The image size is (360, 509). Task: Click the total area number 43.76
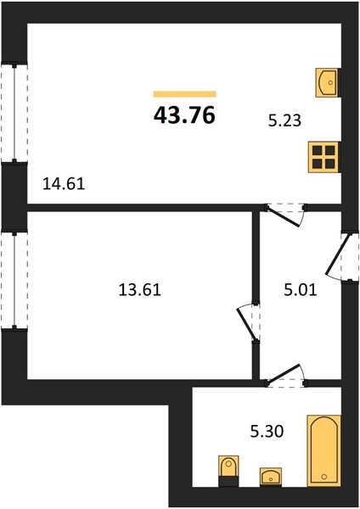click(x=184, y=115)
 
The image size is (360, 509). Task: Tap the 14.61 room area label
click(x=64, y=184)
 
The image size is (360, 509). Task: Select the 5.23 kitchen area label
click(x=284, y=120)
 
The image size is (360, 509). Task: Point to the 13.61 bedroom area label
click(x=140, y=289)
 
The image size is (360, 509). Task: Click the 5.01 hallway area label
click(x=301, y=289)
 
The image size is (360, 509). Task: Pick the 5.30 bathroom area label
click(x=267, y=432)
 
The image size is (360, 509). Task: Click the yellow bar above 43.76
click(x=185, y=94)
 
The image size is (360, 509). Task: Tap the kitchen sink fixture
click(x=328, y=82)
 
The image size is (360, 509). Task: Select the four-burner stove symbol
click(x=324, y=157)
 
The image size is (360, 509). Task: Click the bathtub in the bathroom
click(x=324, y=450)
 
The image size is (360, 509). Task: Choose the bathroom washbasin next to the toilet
click(x=271, y=477)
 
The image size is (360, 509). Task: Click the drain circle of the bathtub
click(x=323, y=477)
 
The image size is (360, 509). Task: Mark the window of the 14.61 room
click(x=14, y=113)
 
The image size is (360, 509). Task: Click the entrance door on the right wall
click(x=340, y=257)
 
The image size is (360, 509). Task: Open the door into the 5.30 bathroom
click(x=285, y=376)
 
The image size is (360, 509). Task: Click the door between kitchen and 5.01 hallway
click(x=284, y=215)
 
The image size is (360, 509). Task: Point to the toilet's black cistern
click(x=228, y=481)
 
